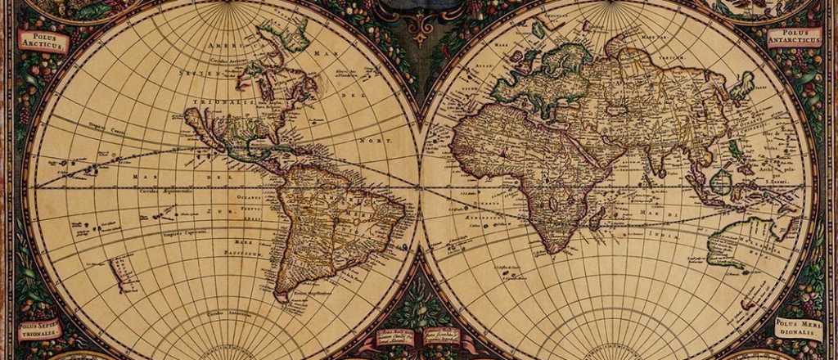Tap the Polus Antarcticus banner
[x=794, y=37]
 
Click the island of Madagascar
[x=597, y=217]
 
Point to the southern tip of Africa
[x=556, y=249]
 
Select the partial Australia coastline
[x=737, y=237]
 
